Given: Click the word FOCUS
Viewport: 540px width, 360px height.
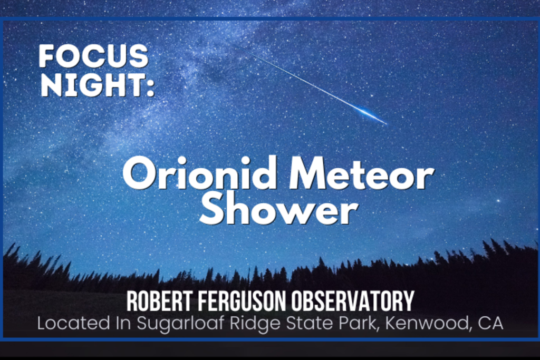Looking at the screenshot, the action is [x=93, y=56].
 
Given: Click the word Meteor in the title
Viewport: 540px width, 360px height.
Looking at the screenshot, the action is [x=361, y=173].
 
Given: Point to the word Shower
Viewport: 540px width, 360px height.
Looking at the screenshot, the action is [x=278, y=209].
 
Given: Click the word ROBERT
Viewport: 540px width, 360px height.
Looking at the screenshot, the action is [x=159, y=301].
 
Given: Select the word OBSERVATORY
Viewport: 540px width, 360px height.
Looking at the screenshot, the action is [x=353, y=301].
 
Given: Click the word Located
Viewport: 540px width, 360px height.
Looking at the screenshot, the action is [x=74, y=323].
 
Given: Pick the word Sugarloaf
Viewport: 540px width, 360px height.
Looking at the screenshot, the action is [x=180, y=324].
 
